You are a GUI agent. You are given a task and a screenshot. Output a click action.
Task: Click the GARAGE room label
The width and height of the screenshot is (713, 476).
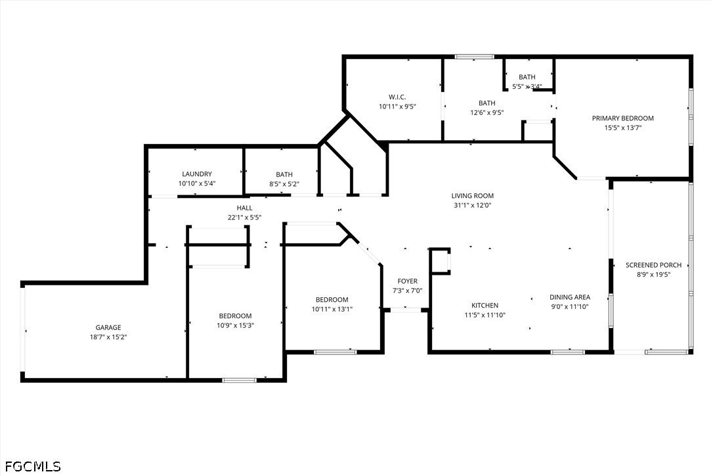108,327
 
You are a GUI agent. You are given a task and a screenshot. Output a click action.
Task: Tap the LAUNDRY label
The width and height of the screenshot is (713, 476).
197,174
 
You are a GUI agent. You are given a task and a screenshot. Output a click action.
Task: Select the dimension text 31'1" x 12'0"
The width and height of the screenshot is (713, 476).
473,205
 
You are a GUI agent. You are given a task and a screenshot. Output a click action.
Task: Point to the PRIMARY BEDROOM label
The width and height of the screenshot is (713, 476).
622,118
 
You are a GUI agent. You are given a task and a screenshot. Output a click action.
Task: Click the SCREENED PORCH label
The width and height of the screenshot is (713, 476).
653,265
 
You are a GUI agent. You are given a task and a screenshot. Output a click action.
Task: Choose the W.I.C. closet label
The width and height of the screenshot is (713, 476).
397,97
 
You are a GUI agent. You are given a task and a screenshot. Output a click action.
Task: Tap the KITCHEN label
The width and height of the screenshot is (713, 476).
485,306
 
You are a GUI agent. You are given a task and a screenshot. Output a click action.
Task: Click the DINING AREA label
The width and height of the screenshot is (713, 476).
570,297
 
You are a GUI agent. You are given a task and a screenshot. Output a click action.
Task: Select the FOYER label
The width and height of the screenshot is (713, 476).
408,281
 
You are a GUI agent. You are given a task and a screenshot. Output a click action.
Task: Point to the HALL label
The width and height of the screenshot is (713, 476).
244,208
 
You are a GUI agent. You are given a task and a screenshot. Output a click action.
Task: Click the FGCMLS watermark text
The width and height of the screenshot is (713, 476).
33,466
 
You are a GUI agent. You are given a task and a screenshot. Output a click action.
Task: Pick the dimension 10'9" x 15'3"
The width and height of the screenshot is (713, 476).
235,325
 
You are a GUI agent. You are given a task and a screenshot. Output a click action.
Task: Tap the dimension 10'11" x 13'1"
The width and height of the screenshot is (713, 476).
332,309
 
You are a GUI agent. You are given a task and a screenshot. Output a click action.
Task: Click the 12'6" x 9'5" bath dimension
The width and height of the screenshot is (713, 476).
486,112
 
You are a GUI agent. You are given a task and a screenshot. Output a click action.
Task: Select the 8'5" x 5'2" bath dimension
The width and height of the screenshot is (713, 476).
284,184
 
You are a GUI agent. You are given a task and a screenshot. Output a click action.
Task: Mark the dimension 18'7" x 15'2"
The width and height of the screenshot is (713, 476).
108,337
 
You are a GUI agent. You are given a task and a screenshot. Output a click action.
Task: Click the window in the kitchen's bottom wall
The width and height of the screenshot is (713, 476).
567,352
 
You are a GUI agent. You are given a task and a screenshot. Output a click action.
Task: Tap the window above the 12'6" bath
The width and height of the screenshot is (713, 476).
474,57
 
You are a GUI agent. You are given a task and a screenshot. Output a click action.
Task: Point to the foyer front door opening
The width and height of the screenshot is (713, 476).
406,310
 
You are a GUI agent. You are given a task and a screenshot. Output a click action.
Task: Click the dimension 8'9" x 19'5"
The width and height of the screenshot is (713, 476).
653,275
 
